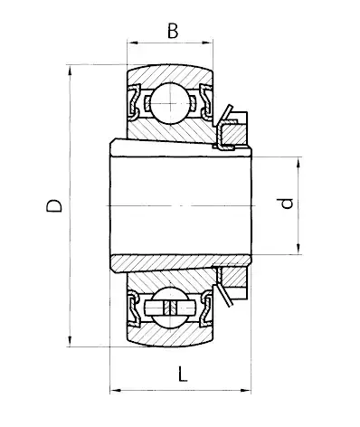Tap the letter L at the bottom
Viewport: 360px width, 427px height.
click(184, 372)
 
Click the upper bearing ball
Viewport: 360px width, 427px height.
click(169, 100)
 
